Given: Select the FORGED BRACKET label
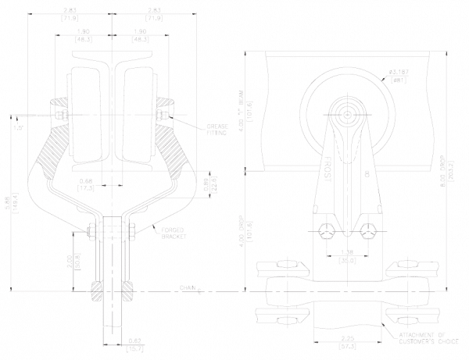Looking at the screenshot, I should (x=174, y=233).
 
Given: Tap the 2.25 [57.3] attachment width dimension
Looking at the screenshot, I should (x=347, y=340).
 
